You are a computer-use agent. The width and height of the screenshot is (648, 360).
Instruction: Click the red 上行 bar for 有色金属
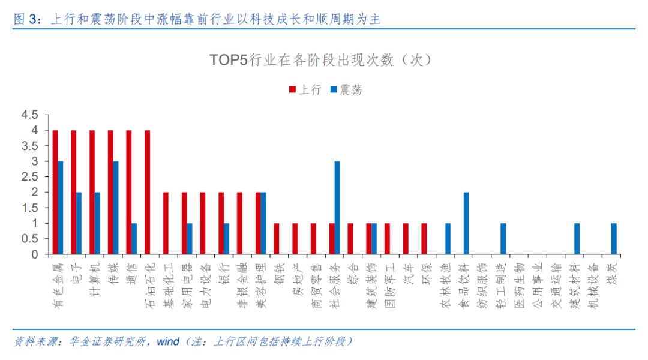click(x=55, y=192)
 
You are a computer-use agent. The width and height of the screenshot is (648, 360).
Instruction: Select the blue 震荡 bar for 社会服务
click(x=337, y=208)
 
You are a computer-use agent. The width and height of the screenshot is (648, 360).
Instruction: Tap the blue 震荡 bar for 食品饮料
click(x=466, y=223)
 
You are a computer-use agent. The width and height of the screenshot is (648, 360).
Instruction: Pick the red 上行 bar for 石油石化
click(x=148, y=192)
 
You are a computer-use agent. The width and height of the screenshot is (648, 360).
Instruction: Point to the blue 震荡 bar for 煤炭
click(x=614, y=239)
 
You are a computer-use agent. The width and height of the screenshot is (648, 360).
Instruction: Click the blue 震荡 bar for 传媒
click(x=115, y=208)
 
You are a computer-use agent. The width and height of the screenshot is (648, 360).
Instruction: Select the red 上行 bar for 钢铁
click(x=277, y=239)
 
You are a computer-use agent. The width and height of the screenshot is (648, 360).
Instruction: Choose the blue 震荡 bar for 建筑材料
click(x=577, y=239)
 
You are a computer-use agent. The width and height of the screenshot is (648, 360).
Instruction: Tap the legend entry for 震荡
click(x=346, y=90)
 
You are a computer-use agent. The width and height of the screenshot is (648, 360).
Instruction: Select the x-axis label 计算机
click(x=95, y=277)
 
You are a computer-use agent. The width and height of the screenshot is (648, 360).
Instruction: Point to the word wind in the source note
click(x=168, y=341)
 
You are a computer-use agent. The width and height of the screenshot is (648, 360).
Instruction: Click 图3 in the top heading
click(x=26, y=19)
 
